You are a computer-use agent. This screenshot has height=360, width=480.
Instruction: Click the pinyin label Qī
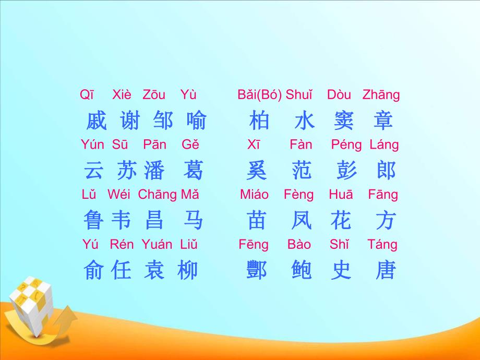[x=87, y=95]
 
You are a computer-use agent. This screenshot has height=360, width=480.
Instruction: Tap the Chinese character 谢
[x=130, y=121]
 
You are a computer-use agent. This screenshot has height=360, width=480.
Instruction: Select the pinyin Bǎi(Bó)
[x=259, y=95]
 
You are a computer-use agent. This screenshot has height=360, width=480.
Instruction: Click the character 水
[x=304, y=121]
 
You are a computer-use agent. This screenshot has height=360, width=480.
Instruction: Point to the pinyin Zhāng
[x=381, y=95]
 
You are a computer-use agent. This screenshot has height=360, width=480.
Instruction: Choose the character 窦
[x=344, y=121]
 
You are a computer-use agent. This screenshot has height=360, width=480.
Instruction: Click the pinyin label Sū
[x=120, y=145]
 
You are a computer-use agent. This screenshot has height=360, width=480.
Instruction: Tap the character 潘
[x=154, y=171]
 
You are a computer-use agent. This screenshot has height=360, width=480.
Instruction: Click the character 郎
[x=386, y=171]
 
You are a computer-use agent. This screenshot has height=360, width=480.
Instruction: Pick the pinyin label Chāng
[x=157, y=195]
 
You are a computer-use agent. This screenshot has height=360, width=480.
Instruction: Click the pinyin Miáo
[x=254, y=195]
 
